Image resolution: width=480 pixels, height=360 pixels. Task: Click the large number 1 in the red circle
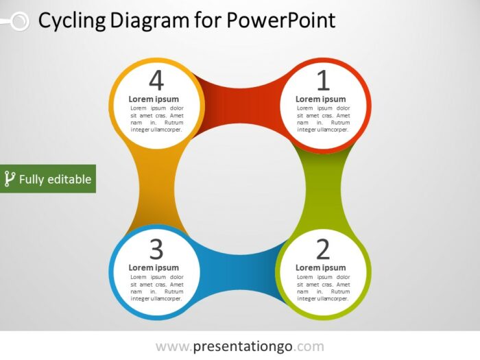pyautogui.click(x=323, y=81)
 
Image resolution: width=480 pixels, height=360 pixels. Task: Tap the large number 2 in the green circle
pyautogui.click(x=323, y=249)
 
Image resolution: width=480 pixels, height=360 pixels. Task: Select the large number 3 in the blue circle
pyautogui.click(x=156, y=249)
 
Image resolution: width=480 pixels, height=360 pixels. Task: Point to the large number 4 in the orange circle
pyautogui.click(x=156, y=81)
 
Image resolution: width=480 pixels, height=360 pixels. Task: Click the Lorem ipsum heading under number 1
pyautogui.click(x=321, y=99)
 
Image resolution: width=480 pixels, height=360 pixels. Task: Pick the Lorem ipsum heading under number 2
pyautogui.click(x=321, y=267)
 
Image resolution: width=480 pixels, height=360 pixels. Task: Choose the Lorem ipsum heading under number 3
pyautogui.click(x=154, y=267)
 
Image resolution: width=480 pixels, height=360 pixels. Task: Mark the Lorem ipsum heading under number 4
pyautogui.click(x=154, y=99)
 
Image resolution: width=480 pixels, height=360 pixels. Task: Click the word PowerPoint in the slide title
pyautogui.click(x=281, y=21)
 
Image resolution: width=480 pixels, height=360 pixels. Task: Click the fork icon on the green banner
pyautogui.click(x=10, y=179)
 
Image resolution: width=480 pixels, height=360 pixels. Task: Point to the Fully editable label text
pyautogui.click(x=55, y=180)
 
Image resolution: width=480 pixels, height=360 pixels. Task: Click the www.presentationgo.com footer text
pyautogui.click(x=239, y=346)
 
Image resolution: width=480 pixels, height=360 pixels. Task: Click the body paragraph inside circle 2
pyautogui.click(x=323, y=289)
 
